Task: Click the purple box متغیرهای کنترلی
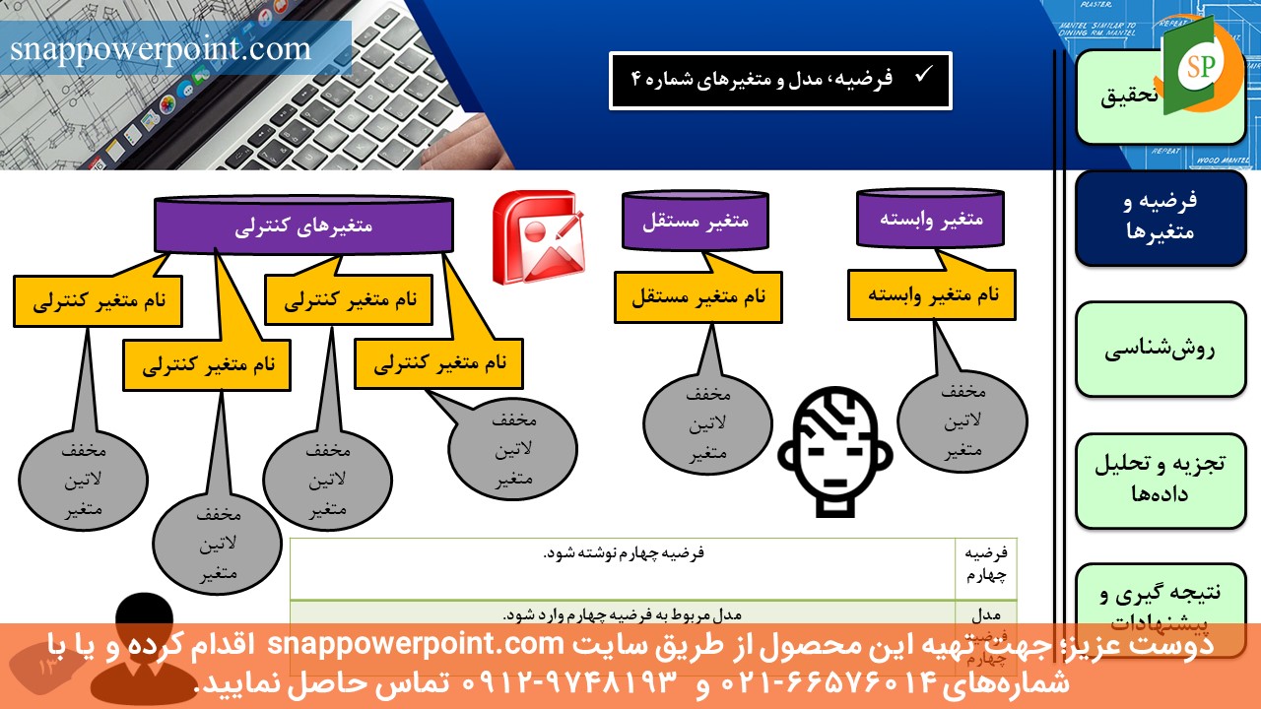(x=303, y=226)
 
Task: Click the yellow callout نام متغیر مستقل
(x=697, y=295)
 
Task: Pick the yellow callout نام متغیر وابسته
(x=932, y=293)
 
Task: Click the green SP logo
(x=1197, y=66)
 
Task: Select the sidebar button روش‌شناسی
(x=1160, y=350)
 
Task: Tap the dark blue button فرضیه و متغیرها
(x=1160, y=218)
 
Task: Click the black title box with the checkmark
(x=780, y=80)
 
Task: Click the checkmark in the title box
(x=924, y=75)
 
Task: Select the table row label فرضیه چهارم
(x=986, y=563)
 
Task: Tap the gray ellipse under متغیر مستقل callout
(x=707, y=423)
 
